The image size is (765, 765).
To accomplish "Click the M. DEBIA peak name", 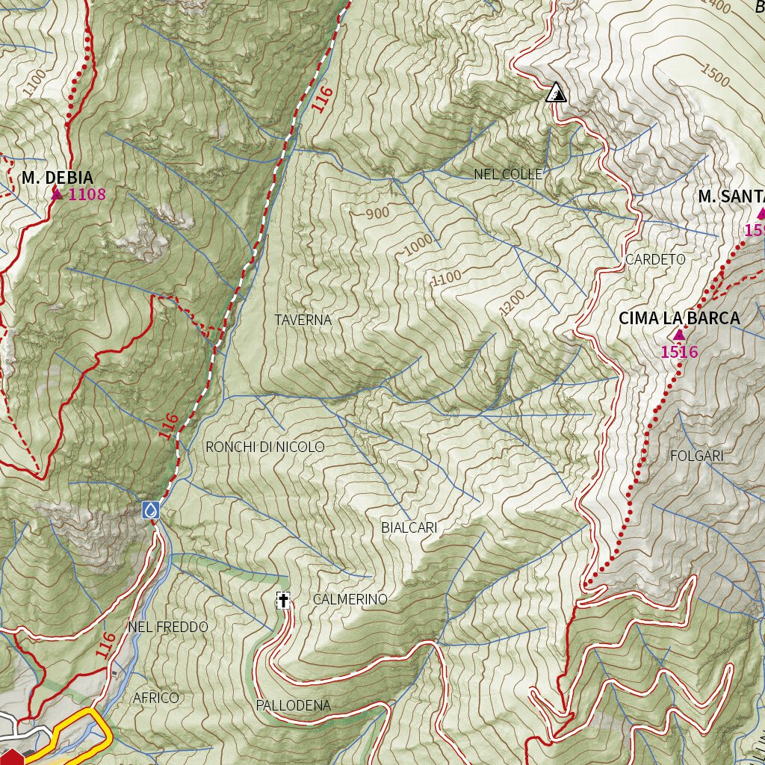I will (58, 178).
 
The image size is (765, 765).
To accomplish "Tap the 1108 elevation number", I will (87, 195).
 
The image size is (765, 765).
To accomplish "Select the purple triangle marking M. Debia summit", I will (57, 194).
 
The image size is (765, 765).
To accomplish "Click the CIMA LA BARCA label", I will (678, 318).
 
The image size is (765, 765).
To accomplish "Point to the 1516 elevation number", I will (679, 352).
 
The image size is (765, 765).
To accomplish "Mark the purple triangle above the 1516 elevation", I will (678, 335).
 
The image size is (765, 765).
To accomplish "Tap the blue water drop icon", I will (151, 510).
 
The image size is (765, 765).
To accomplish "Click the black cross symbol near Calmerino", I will (283, 600).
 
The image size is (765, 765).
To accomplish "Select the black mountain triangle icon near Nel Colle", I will (556, 92).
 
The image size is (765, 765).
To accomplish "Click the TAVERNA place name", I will (303, 320).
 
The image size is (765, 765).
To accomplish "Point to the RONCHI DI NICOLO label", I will (265, 447).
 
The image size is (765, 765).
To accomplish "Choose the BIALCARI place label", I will (409, 528).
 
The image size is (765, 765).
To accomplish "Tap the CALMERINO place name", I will (350, 599).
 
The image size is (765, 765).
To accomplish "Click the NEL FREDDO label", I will (168, 627).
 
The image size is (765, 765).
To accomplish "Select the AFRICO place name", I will (156, 698).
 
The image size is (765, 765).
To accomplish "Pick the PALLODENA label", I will (293, 705).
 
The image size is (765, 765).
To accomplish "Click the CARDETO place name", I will (655, 259).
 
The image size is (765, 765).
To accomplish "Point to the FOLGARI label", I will (697, 456).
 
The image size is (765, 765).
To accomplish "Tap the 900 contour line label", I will (378, 214).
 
